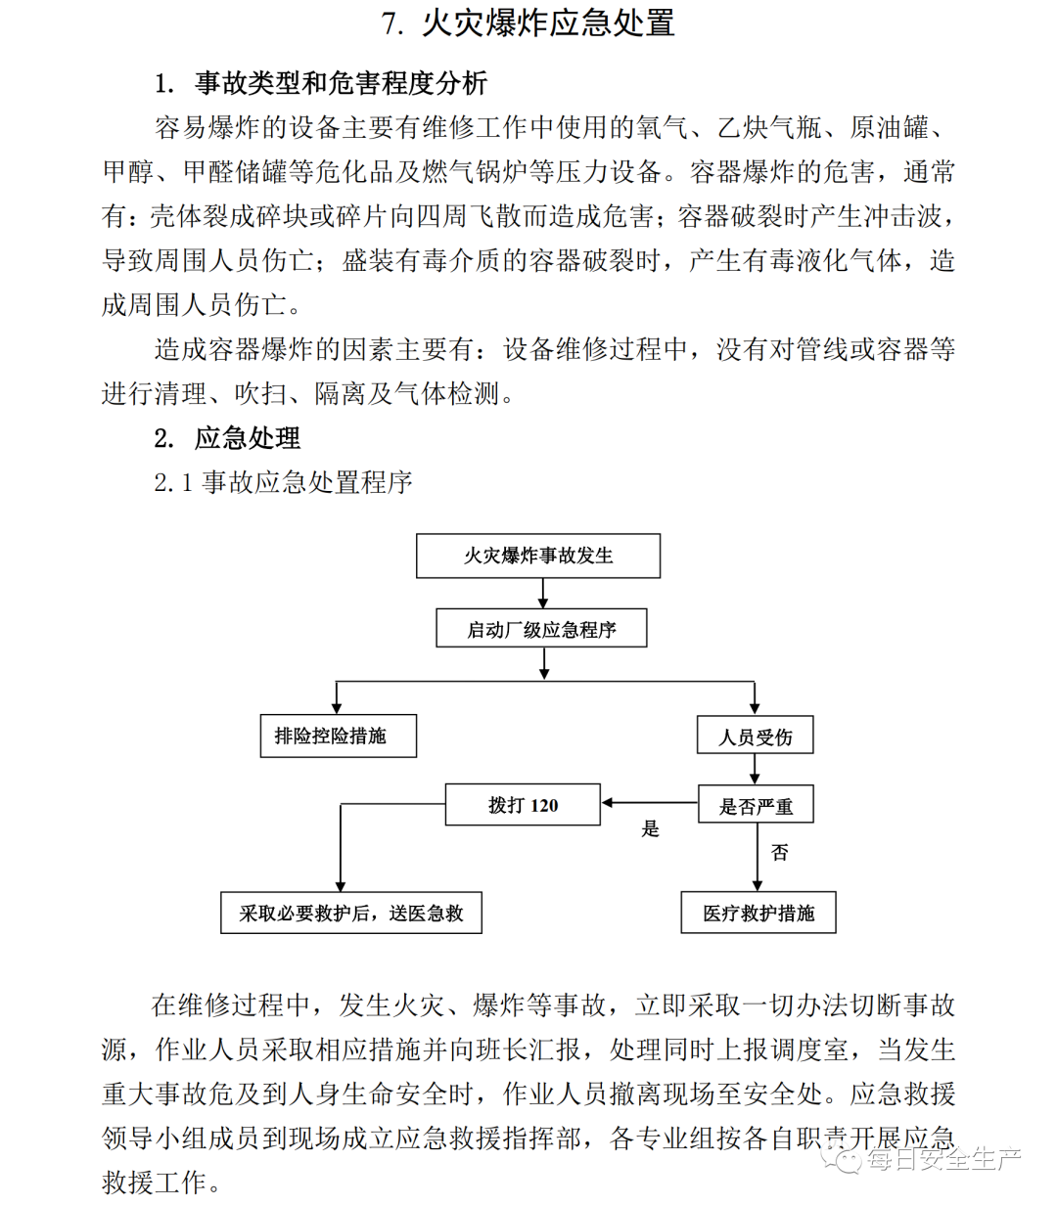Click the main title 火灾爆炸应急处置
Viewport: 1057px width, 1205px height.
(x=528, y=23)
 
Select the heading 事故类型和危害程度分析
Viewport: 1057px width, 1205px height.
(x=340, y=84)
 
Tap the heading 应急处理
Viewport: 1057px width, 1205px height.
(x=248, y=437)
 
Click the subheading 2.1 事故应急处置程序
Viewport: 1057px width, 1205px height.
(x=284, y=482)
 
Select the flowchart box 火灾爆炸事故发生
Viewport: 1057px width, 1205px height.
(x=538, y=556)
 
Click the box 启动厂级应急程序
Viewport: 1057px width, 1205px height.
(x=541, y=629)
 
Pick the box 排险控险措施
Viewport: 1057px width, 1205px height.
(x=338, y=736)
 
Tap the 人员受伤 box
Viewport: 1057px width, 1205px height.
(x=755, y=736)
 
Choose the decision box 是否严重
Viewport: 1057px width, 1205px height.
(x=756, y=806)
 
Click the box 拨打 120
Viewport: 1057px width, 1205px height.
(x=523, y=805)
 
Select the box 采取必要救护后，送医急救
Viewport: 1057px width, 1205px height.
(x=350, y=914)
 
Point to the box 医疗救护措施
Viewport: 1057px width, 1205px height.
(x=758, y=914)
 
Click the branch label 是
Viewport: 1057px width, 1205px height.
(x=650, y=829)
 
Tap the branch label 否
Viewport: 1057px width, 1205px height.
(x=779, y=853)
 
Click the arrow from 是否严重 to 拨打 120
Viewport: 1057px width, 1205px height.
(x=649, y=804)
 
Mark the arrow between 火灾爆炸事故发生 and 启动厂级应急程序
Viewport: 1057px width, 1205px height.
(x=543, y=593)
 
